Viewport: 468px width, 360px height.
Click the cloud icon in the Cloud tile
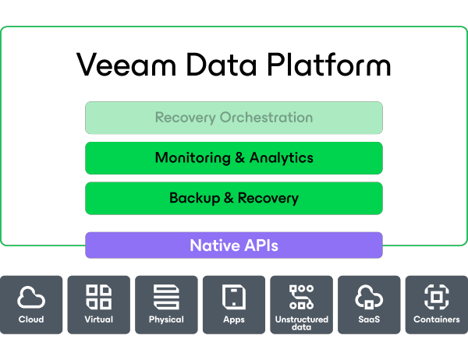point(31,297)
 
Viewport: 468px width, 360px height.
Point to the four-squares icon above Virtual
point(98,297)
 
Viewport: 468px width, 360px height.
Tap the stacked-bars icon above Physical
point(166,297)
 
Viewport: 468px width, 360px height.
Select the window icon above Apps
point(234,297)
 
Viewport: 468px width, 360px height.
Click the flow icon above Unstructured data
point(301,297)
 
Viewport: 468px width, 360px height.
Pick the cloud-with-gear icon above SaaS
point(368,297)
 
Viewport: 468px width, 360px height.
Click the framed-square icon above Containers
point(436,297)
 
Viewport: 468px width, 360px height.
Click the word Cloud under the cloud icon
point(31,319)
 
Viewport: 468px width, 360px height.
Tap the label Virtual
point(98,319)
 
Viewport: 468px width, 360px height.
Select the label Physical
point(166,319)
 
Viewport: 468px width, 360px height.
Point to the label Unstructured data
point(301,323)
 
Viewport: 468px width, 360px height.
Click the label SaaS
point(368,319)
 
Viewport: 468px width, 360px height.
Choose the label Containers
point(436,319)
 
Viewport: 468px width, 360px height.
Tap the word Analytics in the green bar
point(281,157)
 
